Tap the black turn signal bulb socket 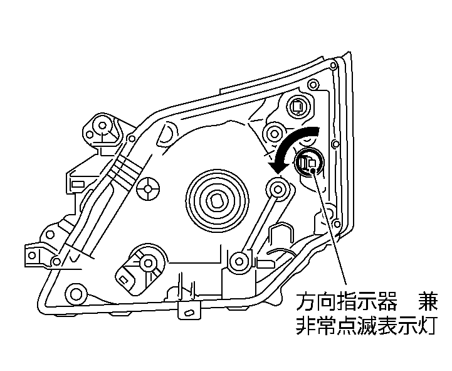(309, 163)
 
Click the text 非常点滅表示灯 (366, 327)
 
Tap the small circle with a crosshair (149, 187)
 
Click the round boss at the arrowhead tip (277, 186)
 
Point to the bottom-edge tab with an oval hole (187, 309)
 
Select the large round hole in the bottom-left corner (76, 293)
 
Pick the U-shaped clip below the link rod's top (280, 235)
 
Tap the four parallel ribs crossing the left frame (123, 168)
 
